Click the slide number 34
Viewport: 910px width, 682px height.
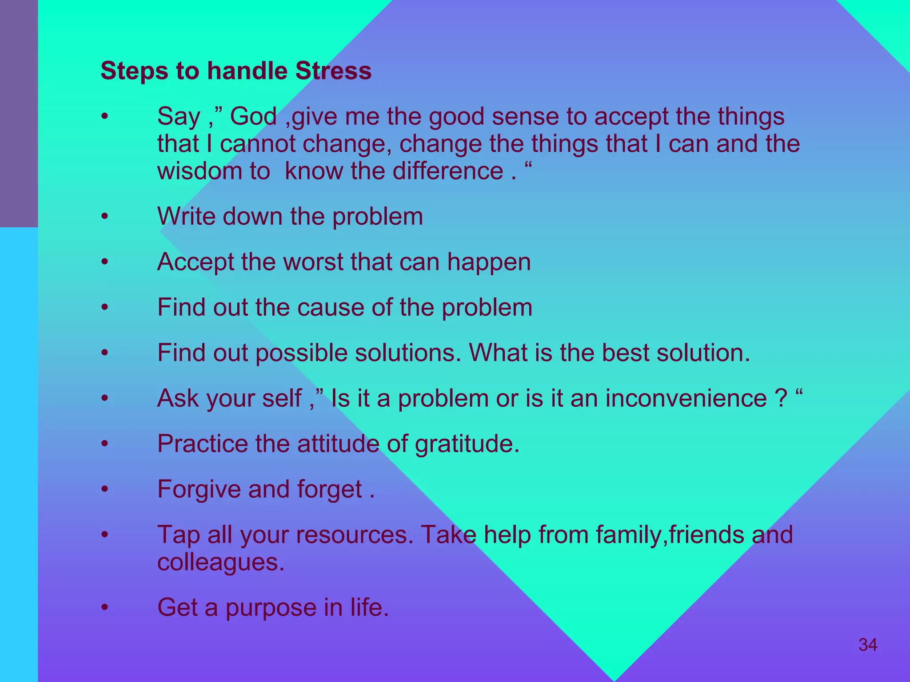868,645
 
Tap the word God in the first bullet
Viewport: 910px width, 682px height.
253,117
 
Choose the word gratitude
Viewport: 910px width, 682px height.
467,444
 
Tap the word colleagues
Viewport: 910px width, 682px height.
220,563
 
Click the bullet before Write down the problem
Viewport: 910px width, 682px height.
105,217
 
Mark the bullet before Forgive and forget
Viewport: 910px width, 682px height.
105,489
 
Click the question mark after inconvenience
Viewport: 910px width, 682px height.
781,398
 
